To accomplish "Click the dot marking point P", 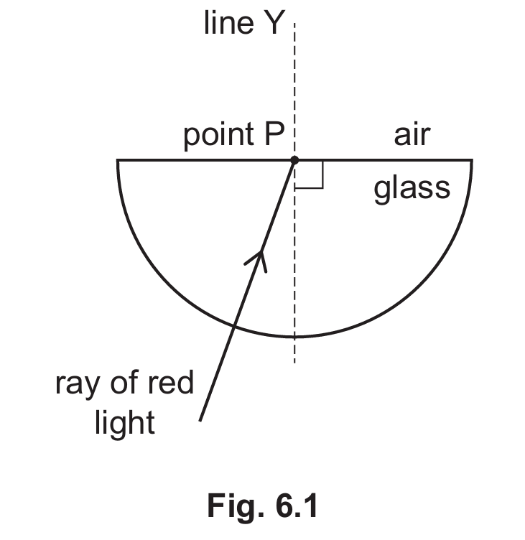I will click(x=294, y=159).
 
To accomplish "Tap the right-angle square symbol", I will click(x=310, y=174).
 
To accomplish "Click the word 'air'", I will click(x=412, y=134).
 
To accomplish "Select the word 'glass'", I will click(x=412, y=188).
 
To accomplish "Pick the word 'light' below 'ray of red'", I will click(x=124, y=423).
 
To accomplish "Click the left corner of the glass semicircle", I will click(x=118, y=159).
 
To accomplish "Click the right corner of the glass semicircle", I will click(x=472, y=159).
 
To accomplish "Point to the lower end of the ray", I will click(x=200, y=419).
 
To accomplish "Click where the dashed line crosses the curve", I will click(x=294, y=337).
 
